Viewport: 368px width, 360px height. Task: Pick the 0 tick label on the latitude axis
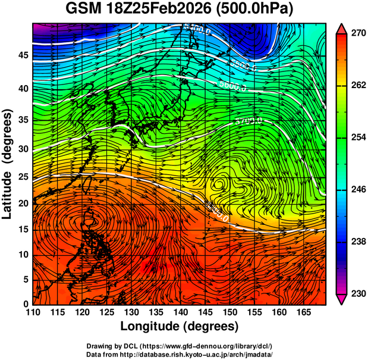[24, 304]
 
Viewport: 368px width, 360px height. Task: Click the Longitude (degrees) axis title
[180, 327]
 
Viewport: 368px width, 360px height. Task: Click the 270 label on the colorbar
[357, 34]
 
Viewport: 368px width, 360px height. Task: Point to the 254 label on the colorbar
[357, 137]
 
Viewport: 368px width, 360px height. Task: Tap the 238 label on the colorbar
[357, 242]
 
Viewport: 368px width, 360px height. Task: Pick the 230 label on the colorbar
[357, 293]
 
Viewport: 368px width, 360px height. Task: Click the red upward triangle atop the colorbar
[342, 29]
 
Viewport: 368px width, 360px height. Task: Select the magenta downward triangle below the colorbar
[342, 299]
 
